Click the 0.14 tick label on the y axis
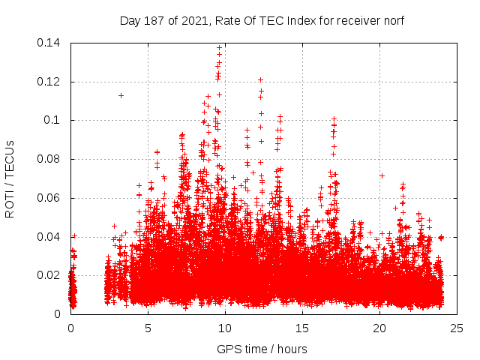50,43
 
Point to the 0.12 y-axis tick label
50,82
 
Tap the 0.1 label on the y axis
53,120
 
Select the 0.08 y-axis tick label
50,159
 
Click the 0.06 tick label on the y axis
50,198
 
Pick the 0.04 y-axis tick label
50,237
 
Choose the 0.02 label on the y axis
50,275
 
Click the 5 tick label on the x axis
148,328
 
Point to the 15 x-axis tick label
302,328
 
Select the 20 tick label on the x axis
379,328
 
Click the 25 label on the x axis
457,328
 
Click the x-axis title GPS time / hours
262,349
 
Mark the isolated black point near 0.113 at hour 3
121,95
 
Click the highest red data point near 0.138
219,47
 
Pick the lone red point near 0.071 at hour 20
382,175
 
